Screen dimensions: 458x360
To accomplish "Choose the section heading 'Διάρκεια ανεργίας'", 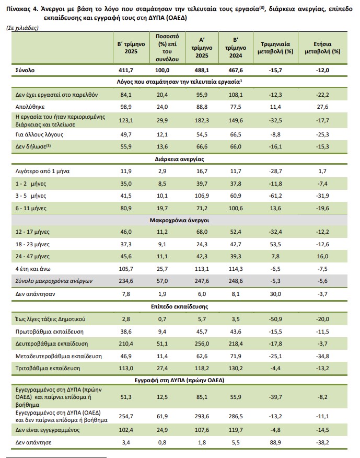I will pos(179,158).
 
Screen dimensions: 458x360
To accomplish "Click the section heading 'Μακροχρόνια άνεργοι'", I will pos(179,220).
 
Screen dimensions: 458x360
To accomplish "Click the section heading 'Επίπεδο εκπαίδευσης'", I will pos(179,306).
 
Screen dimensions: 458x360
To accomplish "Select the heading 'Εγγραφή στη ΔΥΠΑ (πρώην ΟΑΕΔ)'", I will pos(179,380).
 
